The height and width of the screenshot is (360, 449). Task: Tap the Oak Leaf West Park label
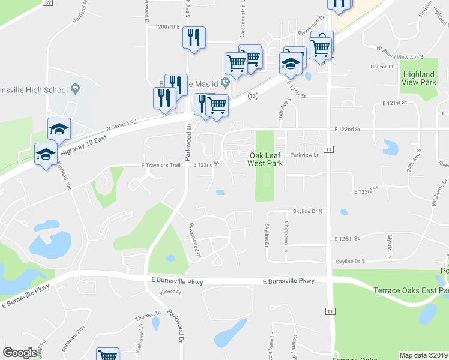coord(265,159)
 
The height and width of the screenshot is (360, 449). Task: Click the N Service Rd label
coord(122,124)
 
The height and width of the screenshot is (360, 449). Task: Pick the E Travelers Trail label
coord(161,165)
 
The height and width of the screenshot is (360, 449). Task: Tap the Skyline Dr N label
coord(308,211)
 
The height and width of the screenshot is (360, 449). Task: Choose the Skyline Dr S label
coord(351,262)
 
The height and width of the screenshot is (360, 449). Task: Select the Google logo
coord(20,353)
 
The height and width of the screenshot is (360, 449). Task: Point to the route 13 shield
coord(253,96)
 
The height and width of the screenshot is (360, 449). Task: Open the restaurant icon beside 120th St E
coord(194,38)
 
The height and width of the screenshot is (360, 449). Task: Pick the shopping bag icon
coord(322,43)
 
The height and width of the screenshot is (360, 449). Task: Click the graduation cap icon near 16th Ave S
coord(291,64)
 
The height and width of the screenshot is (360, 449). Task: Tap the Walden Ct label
coord(170,293)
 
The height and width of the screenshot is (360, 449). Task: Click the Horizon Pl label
coord(381,67)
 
